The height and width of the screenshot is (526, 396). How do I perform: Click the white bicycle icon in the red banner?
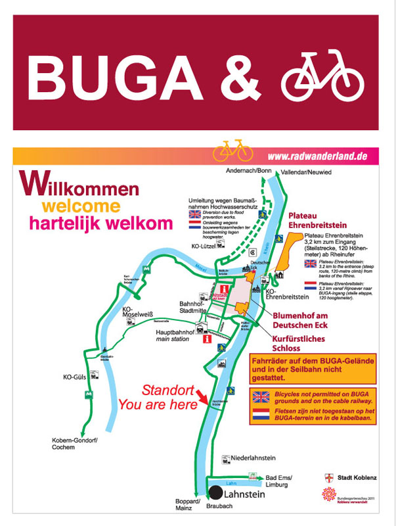point(322,74)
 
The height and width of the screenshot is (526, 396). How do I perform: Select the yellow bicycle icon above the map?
point(232,151)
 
